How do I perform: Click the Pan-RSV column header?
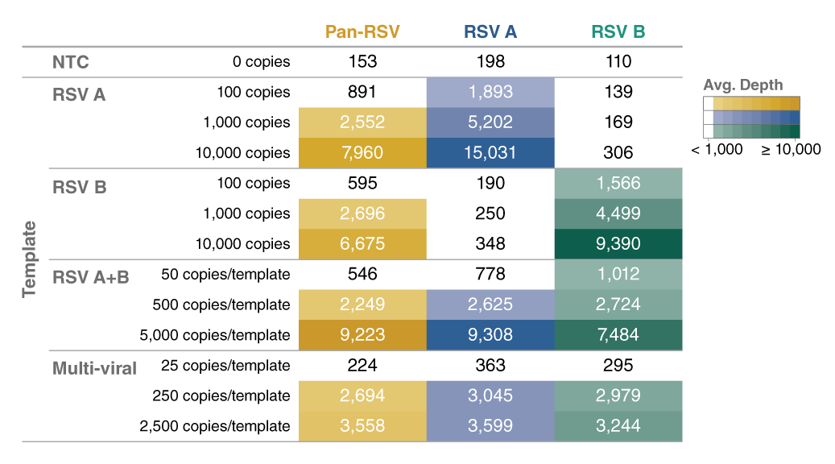pyautogui.click(x=362, y=31)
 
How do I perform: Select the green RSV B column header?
pyautogui.click(x=618, y=31)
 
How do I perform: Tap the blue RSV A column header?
pyautogui.click(x=490, y=31)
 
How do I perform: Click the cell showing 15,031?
pyautogui.click(x=490, y=153)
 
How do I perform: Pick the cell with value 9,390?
pyautogui.click(x=618, y=244)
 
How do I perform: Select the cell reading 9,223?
pyautogui.click(x=362, y=335)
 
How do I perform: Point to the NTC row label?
pyautogui.click(x=70, y=62)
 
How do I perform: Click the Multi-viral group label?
pyautogui.click(x=94, y=368)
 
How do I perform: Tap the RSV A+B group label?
pyautogui.click(x=90, y=277)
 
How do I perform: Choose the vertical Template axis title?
pyautogui.click(x=30, y=259)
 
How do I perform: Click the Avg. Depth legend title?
pyautogui.click(x=742, y=85)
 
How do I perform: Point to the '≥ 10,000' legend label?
pyautogui.click(x=791, y=150)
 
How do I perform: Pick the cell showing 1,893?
pyautogui.click(x=490, y=93)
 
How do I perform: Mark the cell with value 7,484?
pyautogui.click(x=618, y=335)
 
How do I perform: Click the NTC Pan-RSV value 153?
pyautogui.click(x=362, y=62)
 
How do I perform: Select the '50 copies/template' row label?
pyautogui.click(x=225, y=275)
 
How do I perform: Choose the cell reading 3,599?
pyautogui.click(x=490, y=426)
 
